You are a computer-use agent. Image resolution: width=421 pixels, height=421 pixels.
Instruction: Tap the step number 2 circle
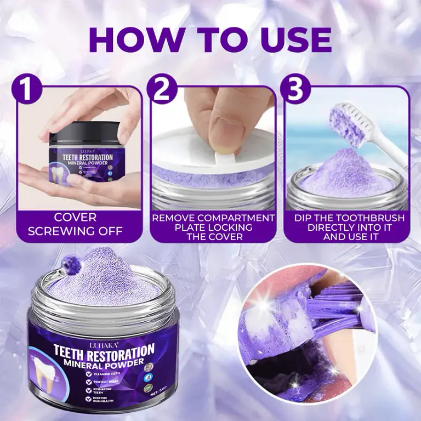[161, 89]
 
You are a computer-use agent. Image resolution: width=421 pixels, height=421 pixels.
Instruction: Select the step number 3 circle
[295, 89]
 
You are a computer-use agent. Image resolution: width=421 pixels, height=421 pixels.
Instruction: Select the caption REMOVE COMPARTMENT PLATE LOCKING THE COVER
[213, 227]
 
